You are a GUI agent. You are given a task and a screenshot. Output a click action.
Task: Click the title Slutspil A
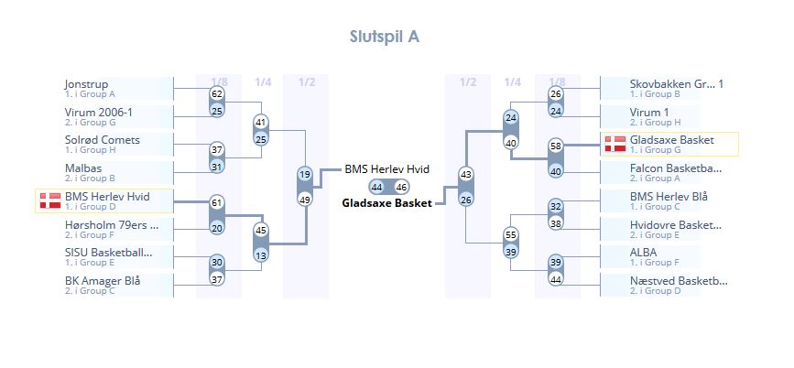[385, 37]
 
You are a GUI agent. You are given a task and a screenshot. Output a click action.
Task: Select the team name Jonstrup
[86, 84]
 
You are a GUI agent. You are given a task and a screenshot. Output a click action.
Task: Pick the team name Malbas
[82, 168]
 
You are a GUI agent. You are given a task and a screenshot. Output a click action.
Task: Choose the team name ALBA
[645, 253]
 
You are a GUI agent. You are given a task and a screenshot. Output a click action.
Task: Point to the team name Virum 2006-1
[99, 113]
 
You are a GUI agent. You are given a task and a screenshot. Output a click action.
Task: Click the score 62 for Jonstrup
[217, 94]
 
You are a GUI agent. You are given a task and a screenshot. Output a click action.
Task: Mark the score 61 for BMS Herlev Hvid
[217, 203]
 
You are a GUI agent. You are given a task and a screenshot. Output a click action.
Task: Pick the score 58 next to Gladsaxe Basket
[555, 146]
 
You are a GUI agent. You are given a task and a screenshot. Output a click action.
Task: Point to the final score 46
[401, 187]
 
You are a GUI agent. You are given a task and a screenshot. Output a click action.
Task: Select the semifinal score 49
[305, 200]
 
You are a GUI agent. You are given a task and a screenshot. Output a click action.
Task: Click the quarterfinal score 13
[261, 255]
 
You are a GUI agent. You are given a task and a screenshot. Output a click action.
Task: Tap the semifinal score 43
[466, 174]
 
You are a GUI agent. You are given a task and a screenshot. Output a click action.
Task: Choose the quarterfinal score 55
[511, 235]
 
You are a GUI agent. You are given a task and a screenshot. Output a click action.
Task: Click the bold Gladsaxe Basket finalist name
[386, 202]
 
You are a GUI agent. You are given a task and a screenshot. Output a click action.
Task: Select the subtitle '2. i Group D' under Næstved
[655, 291]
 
